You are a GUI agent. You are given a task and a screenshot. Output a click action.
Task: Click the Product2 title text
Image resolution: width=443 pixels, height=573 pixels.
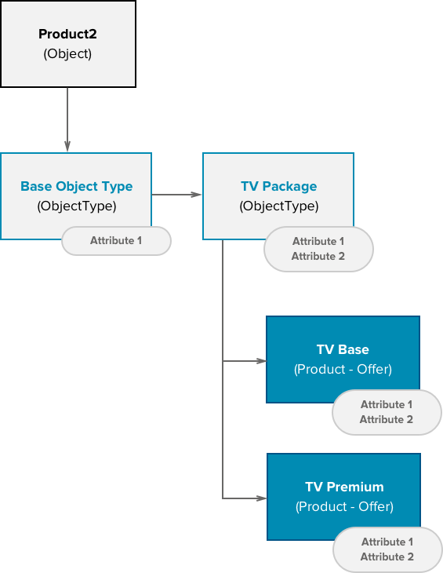click(67, 35)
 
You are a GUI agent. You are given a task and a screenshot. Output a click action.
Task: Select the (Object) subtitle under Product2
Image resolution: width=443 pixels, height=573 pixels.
click(67, 54)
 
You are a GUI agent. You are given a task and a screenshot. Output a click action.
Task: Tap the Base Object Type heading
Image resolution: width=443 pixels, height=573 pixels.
click(76, 187)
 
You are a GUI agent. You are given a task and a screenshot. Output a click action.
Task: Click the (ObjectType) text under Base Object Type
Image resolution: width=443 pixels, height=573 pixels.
click(76, 206)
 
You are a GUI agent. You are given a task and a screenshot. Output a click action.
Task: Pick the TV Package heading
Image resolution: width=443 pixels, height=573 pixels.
click(278, 187)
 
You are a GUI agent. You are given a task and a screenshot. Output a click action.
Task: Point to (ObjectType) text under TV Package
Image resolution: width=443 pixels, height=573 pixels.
click(278, 206)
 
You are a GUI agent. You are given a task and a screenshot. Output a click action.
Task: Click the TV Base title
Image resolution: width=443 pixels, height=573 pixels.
click(343, 350)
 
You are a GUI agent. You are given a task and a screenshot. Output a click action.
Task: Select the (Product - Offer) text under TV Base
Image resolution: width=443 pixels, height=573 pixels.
click(343, 369)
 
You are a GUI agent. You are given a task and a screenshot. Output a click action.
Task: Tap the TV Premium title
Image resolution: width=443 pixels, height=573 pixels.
click(344, 487)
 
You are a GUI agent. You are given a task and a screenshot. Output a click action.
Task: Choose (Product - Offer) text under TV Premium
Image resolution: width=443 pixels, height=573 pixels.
click(344, 506)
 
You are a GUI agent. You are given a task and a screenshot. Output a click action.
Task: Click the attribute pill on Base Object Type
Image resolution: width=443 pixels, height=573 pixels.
click(116, 240)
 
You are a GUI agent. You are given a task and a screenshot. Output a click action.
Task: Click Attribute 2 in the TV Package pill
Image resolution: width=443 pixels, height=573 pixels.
click(318, 256)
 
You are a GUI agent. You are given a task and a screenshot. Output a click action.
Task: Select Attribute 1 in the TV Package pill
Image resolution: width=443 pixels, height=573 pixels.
click(318, 242)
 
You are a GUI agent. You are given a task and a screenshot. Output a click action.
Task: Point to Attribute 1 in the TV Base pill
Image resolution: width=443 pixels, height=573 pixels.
click(386, 405)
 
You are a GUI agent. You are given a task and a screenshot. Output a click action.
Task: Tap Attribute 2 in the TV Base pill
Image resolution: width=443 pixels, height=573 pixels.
click(386, 419)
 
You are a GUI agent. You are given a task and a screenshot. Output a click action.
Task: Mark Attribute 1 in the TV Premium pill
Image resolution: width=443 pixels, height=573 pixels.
click(387, 542)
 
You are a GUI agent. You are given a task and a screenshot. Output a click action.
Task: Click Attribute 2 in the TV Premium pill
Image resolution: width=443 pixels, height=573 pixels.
click(387, 557)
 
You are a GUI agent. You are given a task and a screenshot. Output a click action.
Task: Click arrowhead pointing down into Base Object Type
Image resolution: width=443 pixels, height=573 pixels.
click(67, 146)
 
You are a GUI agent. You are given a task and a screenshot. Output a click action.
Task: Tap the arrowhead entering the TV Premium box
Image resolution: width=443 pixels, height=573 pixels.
click(261, 498)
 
